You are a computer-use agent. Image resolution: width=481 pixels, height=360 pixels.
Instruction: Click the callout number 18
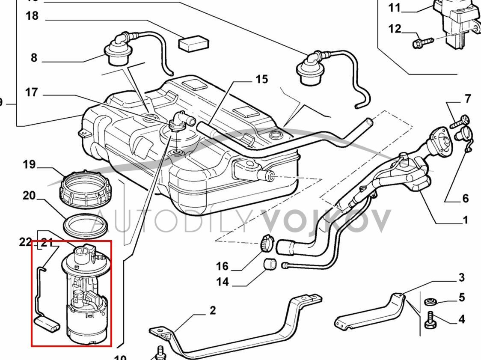pyautogui.click(x=32, y=16)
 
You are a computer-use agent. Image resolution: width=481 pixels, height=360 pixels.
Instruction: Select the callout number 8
pyautogui.click(x=34, y=58)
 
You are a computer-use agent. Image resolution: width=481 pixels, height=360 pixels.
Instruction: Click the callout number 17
pyautogui.click(x=32, y=92)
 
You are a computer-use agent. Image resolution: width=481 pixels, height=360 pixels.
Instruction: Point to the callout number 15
pyautogui.click(x=261, y=79)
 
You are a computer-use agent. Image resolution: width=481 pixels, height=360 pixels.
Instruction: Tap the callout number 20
pyautogui.click(x=29, y=196)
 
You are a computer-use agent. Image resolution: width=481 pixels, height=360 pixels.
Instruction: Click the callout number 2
pyautogui.click(x=213, y=310)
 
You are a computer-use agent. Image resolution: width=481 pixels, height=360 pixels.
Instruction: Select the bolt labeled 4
pyautogui.click(x=431, y=320)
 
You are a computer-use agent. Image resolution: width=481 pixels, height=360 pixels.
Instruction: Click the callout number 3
pyautogui.click(x=461, y=277)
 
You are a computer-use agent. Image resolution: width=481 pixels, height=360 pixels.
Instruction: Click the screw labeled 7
pyautogui.click(x=459, y=122)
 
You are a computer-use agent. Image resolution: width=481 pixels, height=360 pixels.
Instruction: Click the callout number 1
pyautogui.click(x=465, y=220)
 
